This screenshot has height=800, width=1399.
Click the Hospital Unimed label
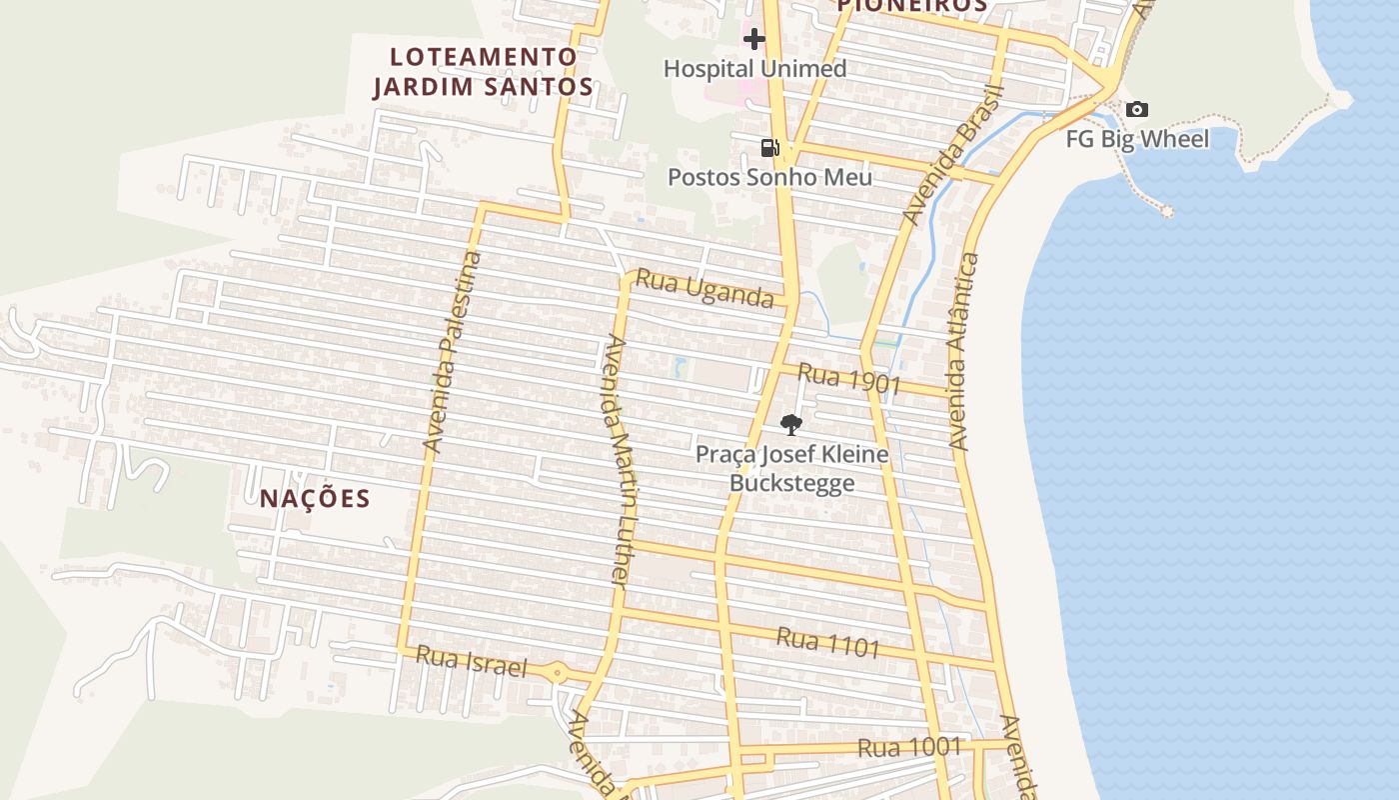(x=754, y=69)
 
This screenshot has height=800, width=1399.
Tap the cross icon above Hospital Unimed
(x=754, y=39)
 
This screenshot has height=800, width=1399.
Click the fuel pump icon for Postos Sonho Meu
(x=769, y=148)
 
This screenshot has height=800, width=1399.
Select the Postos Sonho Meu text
(x=769, y=177)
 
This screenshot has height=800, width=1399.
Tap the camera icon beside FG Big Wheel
(x=1137, y=110)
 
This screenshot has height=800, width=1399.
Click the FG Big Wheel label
(x=1137, y=139)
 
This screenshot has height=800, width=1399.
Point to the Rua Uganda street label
(x=704, y=288)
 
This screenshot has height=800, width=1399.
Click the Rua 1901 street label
(x=850, y=380)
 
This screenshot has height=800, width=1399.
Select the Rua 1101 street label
(x=828, y=642)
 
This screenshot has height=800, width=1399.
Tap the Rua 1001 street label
(x=909, y=747)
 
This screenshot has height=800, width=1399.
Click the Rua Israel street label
(x=471, y=661)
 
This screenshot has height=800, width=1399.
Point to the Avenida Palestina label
(x=453, y=352)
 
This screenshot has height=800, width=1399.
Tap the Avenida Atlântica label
(x=963, y=352)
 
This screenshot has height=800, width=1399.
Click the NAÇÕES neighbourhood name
(x=315, y=498)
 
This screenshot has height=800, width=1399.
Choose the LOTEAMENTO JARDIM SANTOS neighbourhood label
(x=484, y=71)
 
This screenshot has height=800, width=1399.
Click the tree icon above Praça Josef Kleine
(x=790, y=425)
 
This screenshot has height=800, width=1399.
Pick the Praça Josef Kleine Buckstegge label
(x=791, y=469)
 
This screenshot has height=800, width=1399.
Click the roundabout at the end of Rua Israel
(x=558, y=673)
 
